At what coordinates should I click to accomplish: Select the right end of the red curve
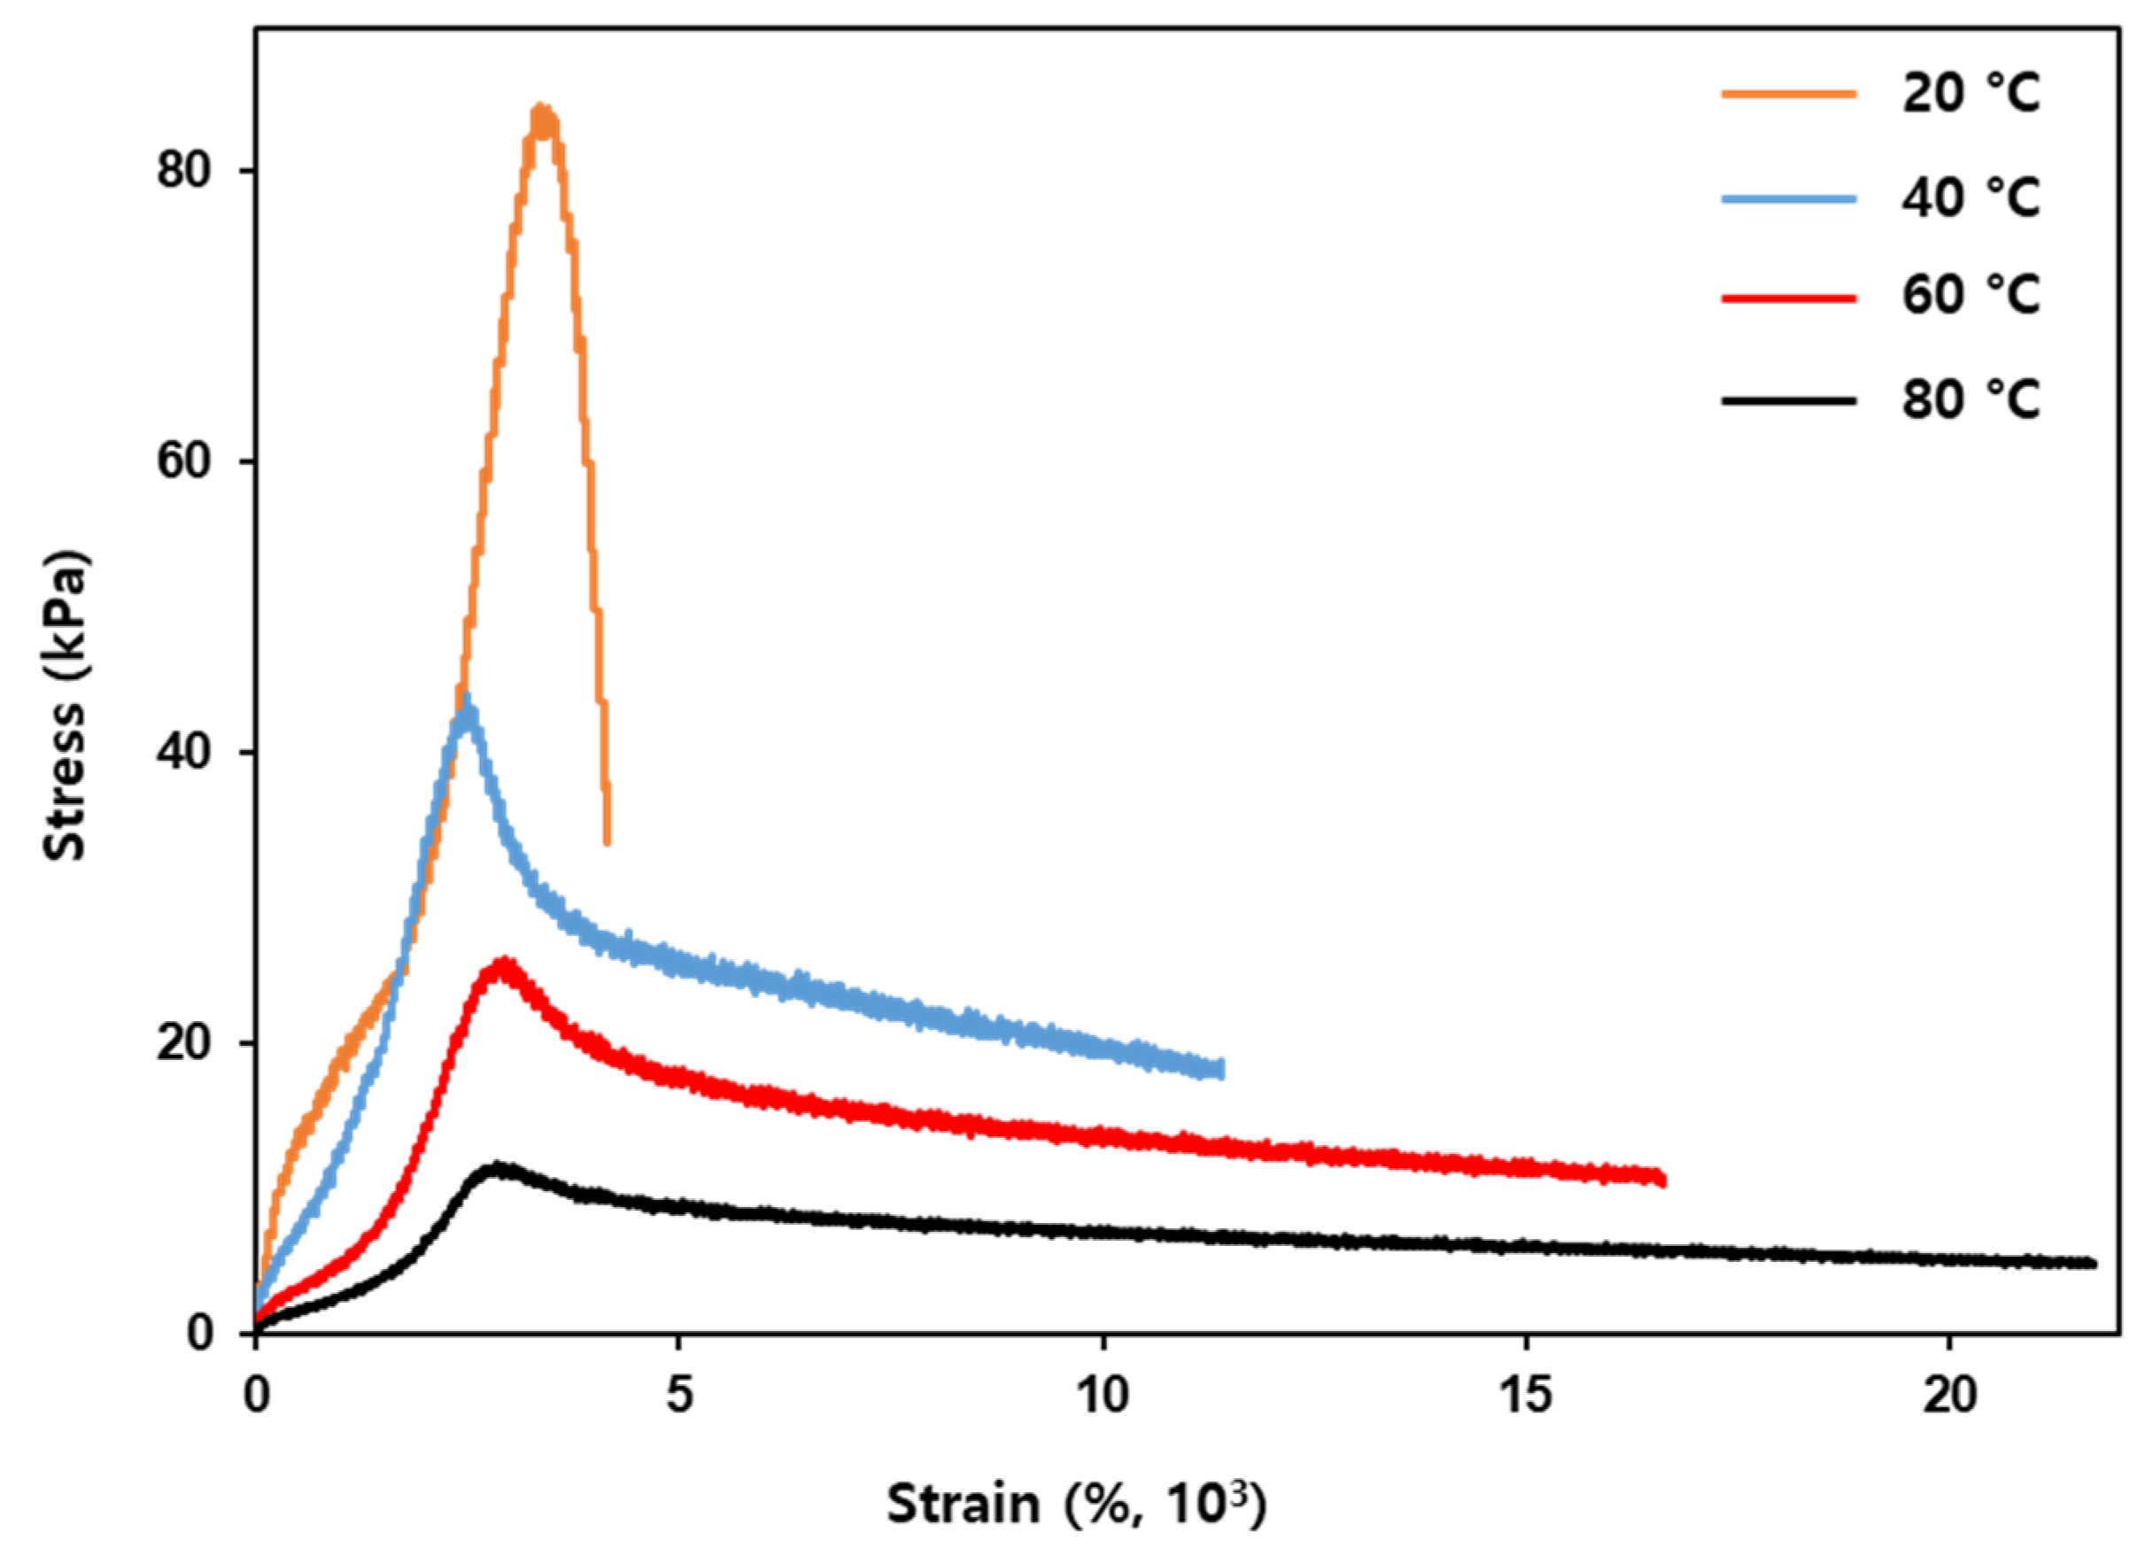[x=1661, y=1178]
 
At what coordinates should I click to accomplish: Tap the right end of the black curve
[x=2093, y=1264]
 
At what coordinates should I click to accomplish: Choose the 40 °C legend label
[x=1972, y=198]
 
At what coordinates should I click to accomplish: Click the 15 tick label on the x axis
[x=1526, y=1397]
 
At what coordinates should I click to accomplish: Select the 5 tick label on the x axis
[x=679, y=1397]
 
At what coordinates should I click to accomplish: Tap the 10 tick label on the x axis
[x=1102, y=1397]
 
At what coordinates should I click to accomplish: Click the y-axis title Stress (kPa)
[x=66, y=705]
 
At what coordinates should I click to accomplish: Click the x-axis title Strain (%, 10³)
[x=1075, y=1504]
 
